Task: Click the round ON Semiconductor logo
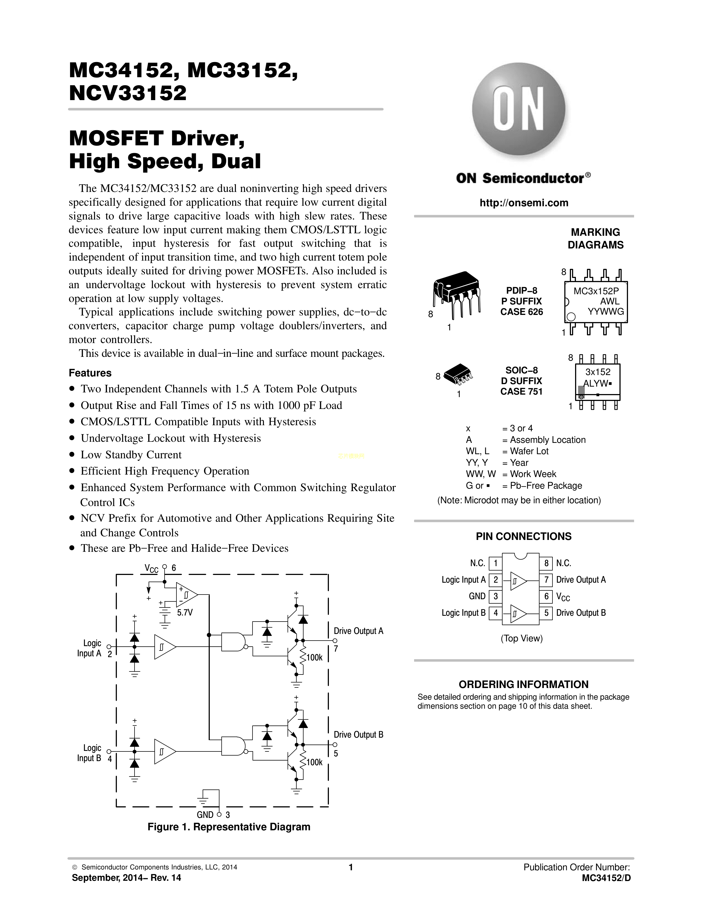[x=519, y=109]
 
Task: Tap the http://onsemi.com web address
[x=524, y=203]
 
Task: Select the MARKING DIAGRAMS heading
[x=595, y=238]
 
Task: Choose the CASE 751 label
[x=521, y=391]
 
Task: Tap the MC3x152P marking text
[x=596, y=291]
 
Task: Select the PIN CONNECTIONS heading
[x=524, y=536]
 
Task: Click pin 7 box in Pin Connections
[x=546, y=580]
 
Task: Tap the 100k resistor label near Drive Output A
[x=315, y=657]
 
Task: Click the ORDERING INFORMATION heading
[x=524, y=685]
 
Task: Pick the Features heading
[x=90, y=373]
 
